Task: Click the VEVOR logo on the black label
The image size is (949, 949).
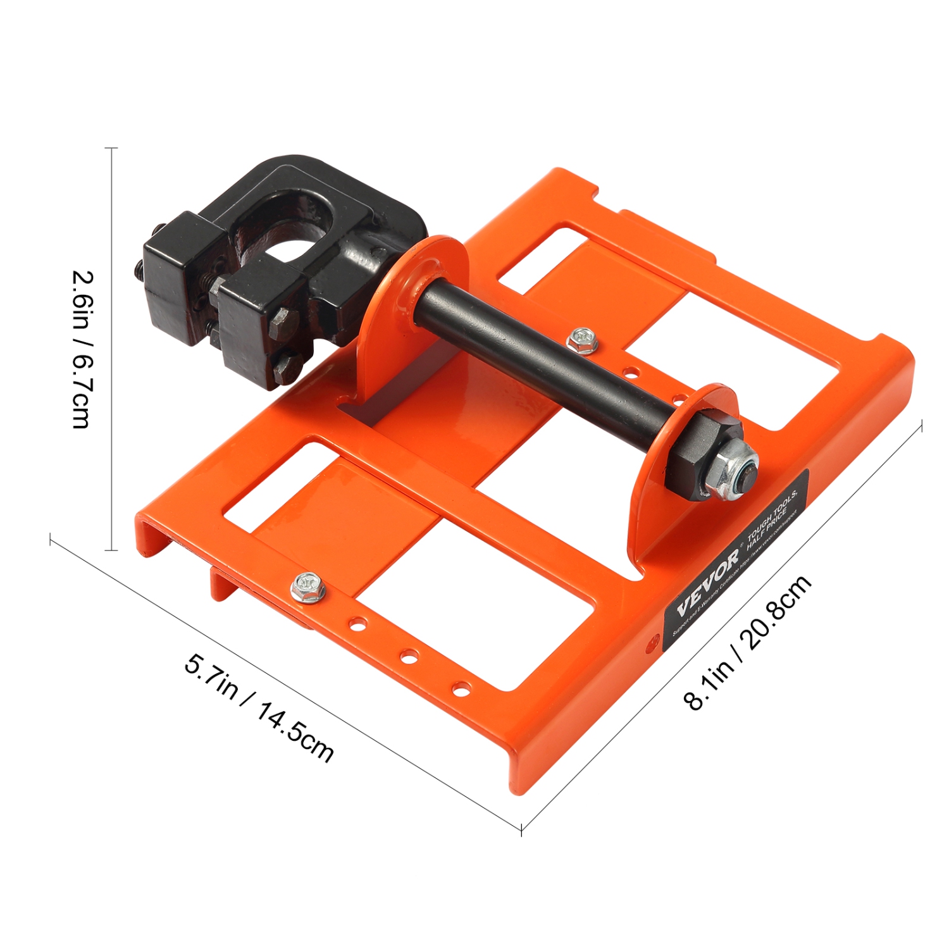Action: pyautogui.click(x=708, y=582)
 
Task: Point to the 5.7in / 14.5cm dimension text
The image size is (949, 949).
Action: pyautogui.click(x=259, y=708)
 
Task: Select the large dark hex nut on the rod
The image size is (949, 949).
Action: pyautogui.click(x=696, y=452)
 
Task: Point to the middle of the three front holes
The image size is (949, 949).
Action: pyautogui.click(x=409, y=657)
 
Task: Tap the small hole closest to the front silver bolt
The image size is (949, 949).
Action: pyautogui.click(x=357, y=624)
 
